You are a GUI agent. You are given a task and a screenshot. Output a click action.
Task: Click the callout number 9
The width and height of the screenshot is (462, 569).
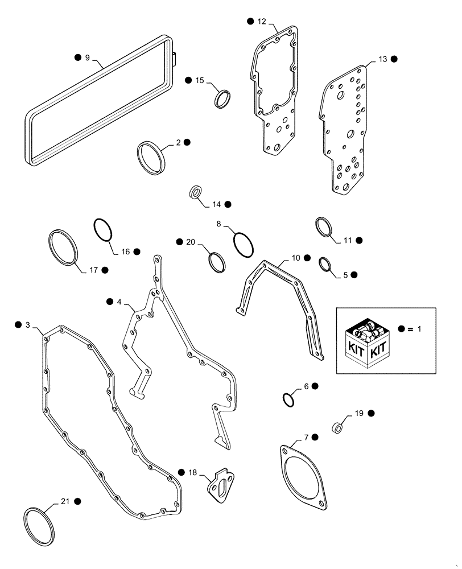87,57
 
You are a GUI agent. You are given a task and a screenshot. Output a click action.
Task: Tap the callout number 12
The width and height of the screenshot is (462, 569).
261,21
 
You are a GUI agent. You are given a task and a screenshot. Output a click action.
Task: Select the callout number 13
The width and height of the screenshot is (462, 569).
382,59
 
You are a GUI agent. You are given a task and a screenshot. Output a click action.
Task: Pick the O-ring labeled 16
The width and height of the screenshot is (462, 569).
103,231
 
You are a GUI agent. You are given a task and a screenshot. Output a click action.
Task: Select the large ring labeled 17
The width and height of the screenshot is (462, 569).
62,248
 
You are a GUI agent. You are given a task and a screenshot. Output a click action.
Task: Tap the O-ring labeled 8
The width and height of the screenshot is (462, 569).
243,245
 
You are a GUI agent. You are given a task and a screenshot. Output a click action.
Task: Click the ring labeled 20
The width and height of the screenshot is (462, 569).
217,262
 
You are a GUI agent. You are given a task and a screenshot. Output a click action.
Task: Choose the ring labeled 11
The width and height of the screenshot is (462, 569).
323,227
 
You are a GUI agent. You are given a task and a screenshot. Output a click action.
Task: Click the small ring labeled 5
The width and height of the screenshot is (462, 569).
325,265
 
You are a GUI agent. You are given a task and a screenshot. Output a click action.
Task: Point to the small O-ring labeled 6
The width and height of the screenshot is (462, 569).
289,399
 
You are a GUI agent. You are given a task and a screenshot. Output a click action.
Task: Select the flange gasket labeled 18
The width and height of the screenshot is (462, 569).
220,486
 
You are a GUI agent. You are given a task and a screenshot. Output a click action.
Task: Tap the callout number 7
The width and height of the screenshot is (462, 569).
306,437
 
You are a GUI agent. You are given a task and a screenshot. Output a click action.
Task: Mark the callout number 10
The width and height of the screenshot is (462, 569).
295,258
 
